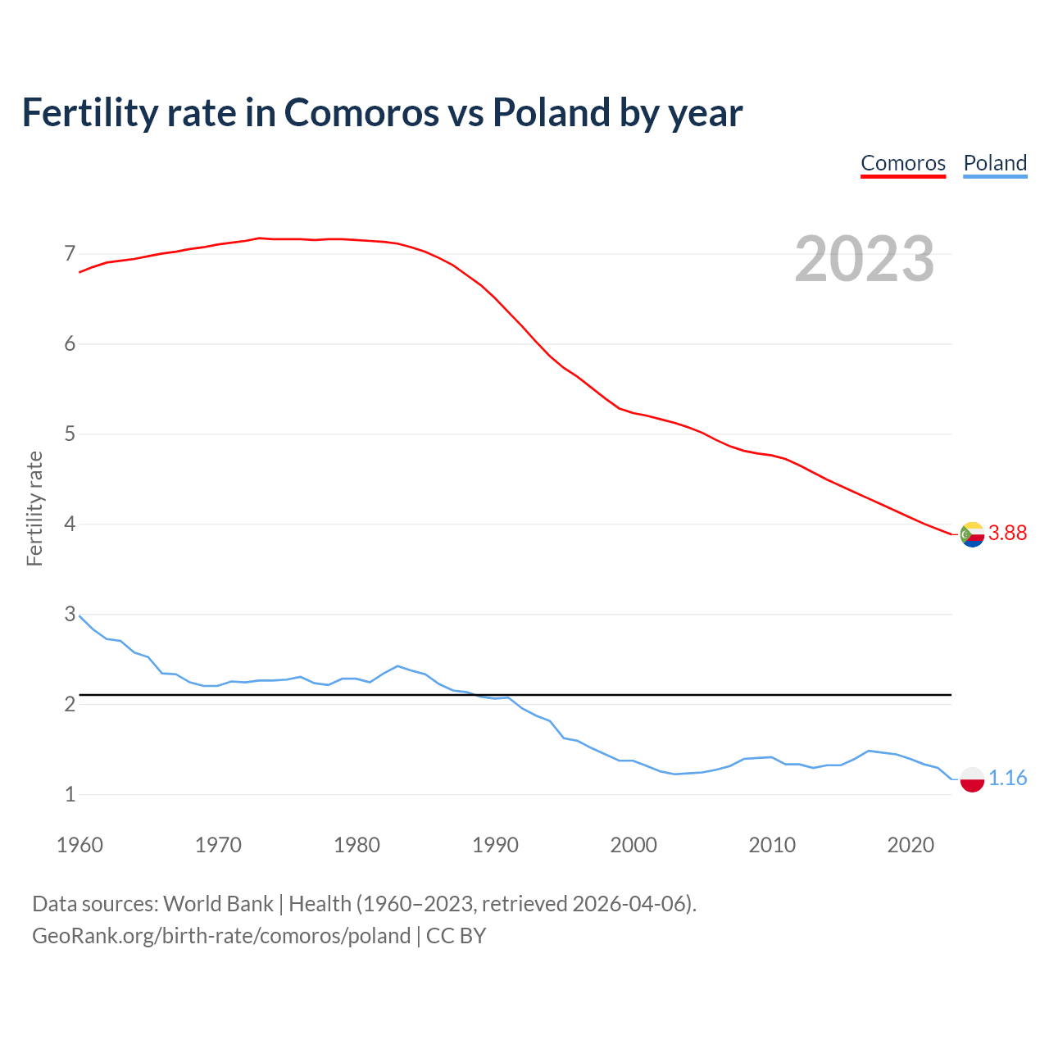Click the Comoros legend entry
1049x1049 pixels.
[903, 163]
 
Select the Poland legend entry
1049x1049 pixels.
[995, 163]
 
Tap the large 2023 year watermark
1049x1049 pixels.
[865, 259]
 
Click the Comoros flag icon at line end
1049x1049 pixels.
[972, 534]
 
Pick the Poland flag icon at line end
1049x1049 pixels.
[972, 779]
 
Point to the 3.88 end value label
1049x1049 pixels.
[1007, 534]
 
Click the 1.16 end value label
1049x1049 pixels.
[1007, 778]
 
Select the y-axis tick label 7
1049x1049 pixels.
[70, 253]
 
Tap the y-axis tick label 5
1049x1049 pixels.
[70, 434]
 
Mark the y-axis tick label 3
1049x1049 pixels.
[70, 614]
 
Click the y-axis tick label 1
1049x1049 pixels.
[70, 794]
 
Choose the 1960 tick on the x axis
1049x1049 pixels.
[79, 845]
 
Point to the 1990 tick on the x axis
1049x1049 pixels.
[495, 845]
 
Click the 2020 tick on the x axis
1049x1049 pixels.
[910, 845]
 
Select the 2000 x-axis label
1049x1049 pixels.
[633, 845]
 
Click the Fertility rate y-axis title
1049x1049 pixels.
[34, 508]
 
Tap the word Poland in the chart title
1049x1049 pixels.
[552, 112]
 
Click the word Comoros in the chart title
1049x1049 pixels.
[361, 112]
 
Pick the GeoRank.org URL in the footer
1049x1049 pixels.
[221, 936]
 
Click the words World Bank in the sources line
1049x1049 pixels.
[218, 904]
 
